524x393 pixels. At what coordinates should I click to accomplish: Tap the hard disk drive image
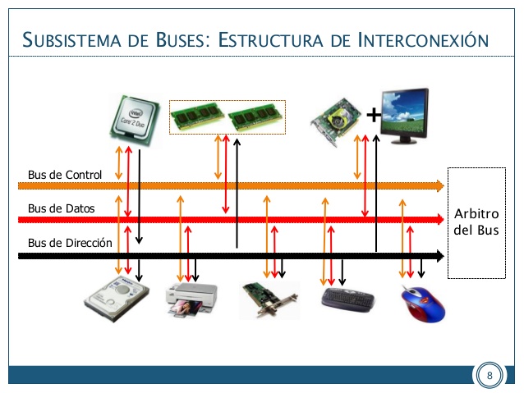(120, 298)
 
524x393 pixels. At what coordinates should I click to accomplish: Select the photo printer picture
(191, 299)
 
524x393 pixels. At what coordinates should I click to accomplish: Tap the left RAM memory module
(197, 118)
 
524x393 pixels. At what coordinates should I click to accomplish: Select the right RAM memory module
(255, 118)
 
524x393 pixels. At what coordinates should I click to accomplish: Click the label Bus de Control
(64, 175)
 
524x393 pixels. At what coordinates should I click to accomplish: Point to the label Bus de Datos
(61, 208)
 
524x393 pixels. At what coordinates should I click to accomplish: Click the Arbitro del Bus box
(476, 222)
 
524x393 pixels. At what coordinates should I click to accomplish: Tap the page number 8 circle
(490, 376)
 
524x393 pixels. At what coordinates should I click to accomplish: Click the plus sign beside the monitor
(373, 115)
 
